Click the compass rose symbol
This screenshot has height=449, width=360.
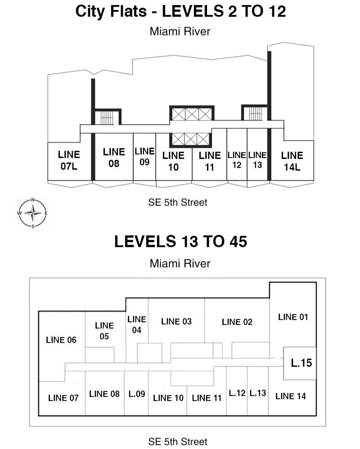(32, 213)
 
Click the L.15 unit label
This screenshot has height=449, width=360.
(301, 363)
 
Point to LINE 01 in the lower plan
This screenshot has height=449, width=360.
(293, 317)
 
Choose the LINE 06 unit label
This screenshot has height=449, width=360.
(61, 340)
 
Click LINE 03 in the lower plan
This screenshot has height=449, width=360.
(176, 321)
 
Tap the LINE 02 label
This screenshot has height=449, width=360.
(237, 322)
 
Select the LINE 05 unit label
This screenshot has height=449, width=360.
(104, 331)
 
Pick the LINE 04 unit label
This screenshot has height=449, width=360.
(137, 324)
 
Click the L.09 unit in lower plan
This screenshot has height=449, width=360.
(136, 394)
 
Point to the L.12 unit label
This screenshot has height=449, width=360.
(237, 393)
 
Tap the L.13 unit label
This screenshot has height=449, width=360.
(258, 393)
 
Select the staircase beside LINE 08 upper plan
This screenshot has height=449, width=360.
(107, 117)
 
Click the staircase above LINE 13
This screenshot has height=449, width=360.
(255, 113)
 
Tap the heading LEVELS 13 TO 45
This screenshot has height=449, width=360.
(180, 242)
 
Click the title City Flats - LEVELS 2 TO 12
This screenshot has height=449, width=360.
(180, 11)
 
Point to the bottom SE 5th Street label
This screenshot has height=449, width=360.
(178, 441)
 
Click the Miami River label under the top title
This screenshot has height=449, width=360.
(180, 31)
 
